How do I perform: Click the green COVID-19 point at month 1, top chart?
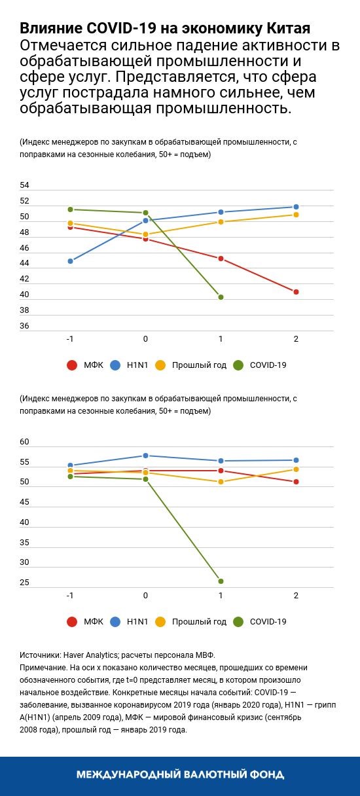click(221, 297)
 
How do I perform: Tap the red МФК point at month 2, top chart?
click(296, 292)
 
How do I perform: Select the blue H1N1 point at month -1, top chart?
click(70, 261)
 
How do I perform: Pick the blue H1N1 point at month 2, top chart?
click(296, 207)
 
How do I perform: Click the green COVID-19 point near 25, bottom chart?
click(221, 581)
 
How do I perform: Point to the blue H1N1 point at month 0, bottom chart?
click(145, 456)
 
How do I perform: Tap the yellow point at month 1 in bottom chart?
click(221, 482)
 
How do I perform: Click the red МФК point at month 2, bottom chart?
click(296, 482)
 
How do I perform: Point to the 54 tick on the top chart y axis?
click(24, 186)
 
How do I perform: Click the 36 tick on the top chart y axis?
click(24, 325)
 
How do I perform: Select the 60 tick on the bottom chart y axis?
click(24, 443)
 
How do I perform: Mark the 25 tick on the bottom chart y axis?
click(24, 583)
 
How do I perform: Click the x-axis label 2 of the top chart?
click(296, 338)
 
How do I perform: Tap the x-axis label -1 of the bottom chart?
click(69, 595)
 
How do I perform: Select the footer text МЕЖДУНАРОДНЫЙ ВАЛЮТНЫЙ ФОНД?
click(180, 775)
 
